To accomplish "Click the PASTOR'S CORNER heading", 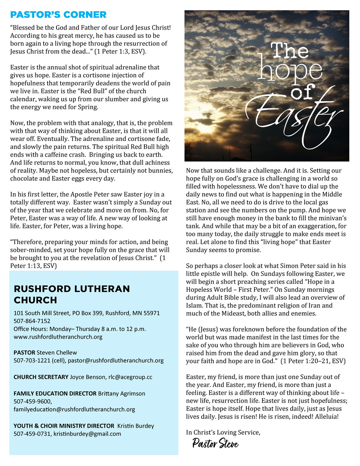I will (x=58, y=15).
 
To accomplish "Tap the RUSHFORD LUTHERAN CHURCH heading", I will (x=72, y=294).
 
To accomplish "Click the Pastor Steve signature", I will (x=215, y=443).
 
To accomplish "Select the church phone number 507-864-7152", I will (x=32, y=321).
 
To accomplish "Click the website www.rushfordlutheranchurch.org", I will (x=58, y=337).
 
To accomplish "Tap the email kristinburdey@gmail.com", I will (x=87, y=434).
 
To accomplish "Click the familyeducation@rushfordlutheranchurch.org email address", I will (x=74, y=409).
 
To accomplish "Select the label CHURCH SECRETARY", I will (x=41, y=377).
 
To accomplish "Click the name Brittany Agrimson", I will (x=122, y=394).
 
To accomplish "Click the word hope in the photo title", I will (x=290, y=70).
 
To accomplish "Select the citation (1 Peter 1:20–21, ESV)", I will (x=313, y=361).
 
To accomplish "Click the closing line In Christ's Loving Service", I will (x=223, y=432).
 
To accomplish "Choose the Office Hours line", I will (x=80, y=329).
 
